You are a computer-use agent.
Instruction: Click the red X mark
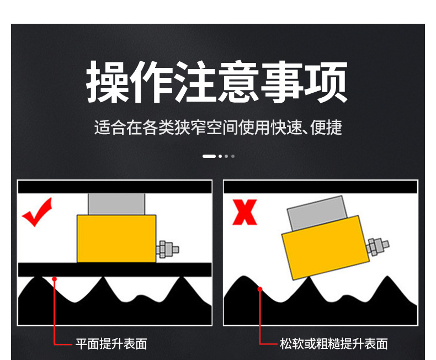tap(244, 212)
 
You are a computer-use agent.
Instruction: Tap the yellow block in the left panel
tap(116, 239)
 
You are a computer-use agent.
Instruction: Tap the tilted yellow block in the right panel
tap(325, 247)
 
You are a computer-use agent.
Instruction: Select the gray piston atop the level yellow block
tap(116, 204)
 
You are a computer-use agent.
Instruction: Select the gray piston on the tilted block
tap(317, 213)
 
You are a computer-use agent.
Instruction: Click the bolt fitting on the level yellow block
tap(167, 249)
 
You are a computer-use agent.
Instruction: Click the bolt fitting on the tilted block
tap(378, 246)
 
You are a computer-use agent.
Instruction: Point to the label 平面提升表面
tap(111, 344)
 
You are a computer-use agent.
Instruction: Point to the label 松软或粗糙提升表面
tap(334, 344)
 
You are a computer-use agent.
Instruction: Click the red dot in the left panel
tap(55, 279)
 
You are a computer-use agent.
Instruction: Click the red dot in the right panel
tap(260, 289)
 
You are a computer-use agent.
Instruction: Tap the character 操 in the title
tap(108, 82)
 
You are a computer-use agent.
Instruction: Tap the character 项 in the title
tap(326, 82)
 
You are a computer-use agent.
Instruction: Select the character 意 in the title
tap(238, 82)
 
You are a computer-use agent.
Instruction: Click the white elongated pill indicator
tap(209, 156)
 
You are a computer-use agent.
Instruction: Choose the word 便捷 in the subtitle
tap(326, 128)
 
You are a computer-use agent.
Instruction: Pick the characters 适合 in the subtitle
tap(110, 128)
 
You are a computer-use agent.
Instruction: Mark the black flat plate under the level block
tap(115, 269)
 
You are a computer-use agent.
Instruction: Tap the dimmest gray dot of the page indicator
tap(233, 156)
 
